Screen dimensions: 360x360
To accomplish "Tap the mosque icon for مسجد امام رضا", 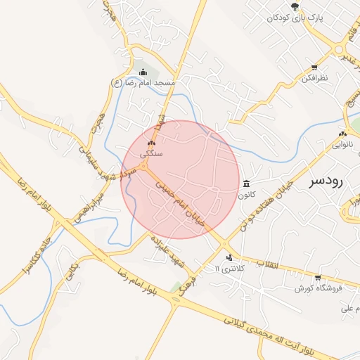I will pos(143,72).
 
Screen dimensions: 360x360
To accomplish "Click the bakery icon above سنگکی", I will pos(151,143).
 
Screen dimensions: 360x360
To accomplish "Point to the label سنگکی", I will pos(151,153).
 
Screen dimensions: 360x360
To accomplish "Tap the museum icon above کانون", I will pos(246,184).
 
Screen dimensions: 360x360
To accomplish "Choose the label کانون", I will pos(246,193).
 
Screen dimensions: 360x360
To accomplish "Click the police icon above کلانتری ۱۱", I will pos(229,257).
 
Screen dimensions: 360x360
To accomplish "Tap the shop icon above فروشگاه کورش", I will pos(318,278).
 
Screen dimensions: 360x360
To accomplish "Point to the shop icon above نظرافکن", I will pos(314,68).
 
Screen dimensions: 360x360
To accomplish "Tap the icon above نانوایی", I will pos(342,134).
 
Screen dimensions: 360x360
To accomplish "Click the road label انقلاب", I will pos(269,264).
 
